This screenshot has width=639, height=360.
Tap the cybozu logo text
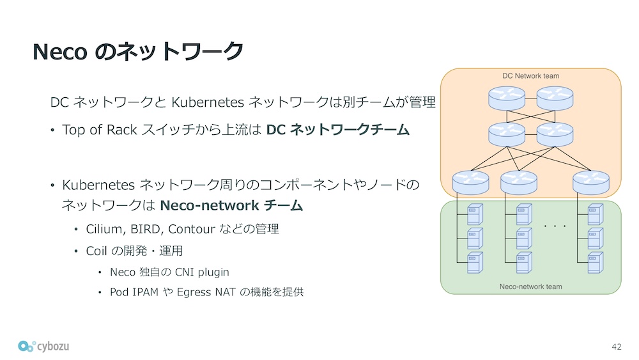[52, 346]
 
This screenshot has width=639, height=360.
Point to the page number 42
[616, 347]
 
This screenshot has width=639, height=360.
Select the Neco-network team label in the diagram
[530, 286]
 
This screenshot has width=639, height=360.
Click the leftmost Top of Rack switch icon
[470, 183]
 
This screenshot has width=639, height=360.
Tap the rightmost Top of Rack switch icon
[591, 183]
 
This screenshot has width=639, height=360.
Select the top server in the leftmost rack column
[474, 214]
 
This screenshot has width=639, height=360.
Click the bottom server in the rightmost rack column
[595, 262]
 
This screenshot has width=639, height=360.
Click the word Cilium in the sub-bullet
[102, 229]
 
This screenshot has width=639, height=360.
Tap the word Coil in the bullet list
[95, 251]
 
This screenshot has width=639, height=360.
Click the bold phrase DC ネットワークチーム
[337, 130]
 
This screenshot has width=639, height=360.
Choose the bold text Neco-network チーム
[231, 206]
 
